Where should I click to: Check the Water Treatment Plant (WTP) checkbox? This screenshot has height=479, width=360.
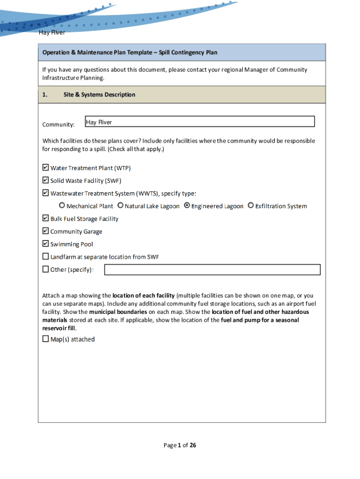tap(46, 167)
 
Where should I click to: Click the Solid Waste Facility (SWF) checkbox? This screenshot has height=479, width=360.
tap(46, 180)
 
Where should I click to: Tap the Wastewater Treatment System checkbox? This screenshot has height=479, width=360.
tap(46, 193)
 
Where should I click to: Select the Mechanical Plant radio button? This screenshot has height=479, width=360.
tap(62, 205)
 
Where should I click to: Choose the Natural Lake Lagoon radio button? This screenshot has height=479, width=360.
tap(121, 205)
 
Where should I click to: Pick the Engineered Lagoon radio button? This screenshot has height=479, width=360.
tap(187, 205)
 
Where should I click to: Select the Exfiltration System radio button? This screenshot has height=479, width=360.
tap(251, 205)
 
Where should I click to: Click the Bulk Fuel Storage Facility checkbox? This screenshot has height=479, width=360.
tap(46, 218)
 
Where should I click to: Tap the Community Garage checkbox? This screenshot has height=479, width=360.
tap(46, 231)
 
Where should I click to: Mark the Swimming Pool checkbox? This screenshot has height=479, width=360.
tap(46, 243)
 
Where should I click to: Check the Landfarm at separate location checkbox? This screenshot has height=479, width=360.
tap(46, 256)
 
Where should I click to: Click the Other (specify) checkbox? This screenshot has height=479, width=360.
tap(46, 269)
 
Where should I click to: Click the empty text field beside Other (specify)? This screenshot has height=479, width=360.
tap(212, 269)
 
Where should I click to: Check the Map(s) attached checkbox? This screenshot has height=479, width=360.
tap(46, 339)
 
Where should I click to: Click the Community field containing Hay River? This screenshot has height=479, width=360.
tap(200, 122)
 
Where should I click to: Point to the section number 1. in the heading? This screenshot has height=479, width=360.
tap(45, 94)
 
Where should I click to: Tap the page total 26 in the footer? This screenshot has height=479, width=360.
tap(193, 445)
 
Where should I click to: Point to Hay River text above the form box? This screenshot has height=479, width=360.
tap(52, 33)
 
